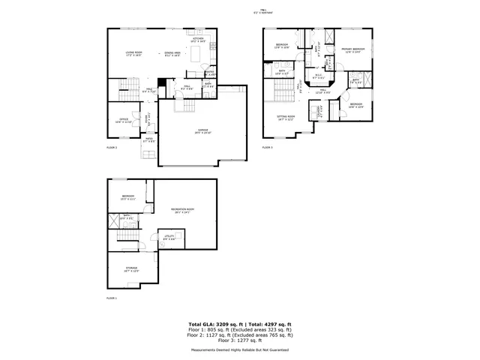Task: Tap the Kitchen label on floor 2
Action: click(199, 38)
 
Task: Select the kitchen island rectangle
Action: click(196, 55)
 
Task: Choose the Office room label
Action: click(121, 119)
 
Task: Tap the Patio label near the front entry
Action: click(148, 138)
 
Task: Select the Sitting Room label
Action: click(286, 117)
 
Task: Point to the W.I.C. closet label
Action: click(318, 74)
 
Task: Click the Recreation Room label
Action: click(182, 209)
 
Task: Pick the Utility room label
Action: click(169, 236)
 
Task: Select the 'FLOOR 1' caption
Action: click(112, 298)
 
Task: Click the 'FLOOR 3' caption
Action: click(267, 148)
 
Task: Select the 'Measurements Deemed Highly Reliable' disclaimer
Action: click(240, 349)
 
